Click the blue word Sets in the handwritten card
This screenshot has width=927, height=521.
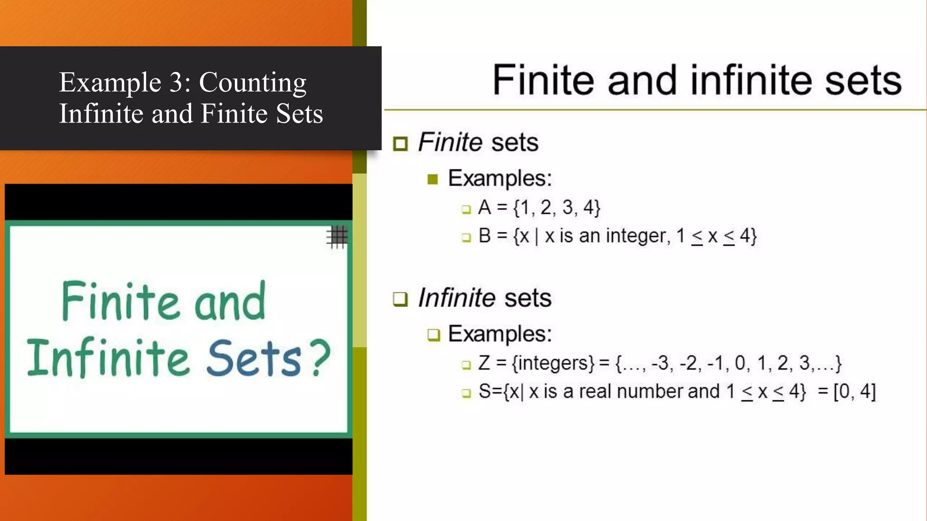253,358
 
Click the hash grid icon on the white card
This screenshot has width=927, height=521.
337,237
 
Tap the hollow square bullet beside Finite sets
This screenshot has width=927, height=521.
400,144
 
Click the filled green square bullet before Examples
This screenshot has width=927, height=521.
433,180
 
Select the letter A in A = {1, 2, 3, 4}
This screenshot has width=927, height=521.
484,208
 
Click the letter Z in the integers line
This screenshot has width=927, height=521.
484,363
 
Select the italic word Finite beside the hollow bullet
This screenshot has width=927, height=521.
450,142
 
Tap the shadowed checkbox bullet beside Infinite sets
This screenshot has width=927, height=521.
400,299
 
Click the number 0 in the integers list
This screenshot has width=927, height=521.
740,363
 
